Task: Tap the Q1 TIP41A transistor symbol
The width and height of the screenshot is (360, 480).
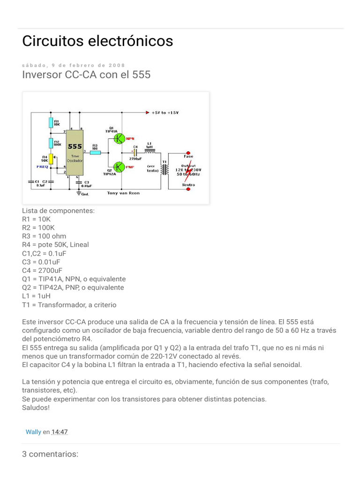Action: coord(119,138)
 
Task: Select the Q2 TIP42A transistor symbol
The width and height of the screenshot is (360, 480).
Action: coord(119,166)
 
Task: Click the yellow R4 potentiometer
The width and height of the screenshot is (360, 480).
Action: coord(51,160)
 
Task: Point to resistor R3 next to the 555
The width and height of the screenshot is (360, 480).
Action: coord(95,152)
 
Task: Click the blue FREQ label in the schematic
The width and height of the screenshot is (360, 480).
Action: coord(43,166)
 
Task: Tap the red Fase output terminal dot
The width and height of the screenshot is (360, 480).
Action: coord(188,153)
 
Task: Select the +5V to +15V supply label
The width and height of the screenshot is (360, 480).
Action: coord(165,113)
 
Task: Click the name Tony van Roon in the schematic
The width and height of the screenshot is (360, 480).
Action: coord(123,193)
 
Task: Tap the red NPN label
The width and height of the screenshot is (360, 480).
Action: coord(131,139)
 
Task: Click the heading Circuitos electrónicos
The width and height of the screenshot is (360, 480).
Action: coord(97,41)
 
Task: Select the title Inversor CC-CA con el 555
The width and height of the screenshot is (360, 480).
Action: coord(86,75)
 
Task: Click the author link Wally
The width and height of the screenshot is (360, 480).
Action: coord(33,432)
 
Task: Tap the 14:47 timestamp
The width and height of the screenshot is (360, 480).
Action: coord(60,432)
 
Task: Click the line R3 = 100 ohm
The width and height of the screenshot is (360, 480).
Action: coord(44,236)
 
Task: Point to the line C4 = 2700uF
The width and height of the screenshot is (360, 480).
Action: coord(42,270)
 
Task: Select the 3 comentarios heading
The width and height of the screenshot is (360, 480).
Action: coord(50,454)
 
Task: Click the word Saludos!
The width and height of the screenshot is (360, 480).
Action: coord(36,407)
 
